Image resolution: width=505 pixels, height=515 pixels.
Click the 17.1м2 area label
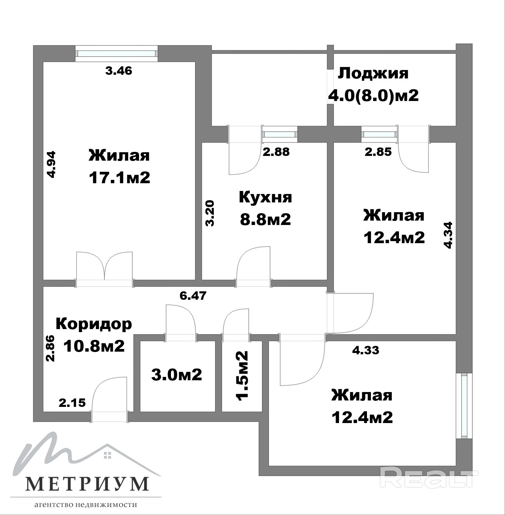tap(119, 178)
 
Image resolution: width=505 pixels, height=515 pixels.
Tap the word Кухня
tap(265, 197)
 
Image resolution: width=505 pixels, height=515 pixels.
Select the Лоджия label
tap(373, 74)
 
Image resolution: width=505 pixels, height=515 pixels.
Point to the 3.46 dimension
tap(119, 71)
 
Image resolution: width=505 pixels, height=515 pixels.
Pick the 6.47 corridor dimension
tap(193, 296)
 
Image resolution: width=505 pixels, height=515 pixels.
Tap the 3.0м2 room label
tap(177, 375)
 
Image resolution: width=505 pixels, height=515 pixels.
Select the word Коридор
tap(94, 324)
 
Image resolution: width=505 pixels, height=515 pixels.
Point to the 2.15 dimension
tap(72, 403)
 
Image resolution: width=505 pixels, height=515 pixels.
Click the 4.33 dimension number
tap(366, 350)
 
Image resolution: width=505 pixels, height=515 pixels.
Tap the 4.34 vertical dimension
tap(448, 235)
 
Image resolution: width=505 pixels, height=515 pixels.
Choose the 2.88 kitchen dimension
tap(276, 152)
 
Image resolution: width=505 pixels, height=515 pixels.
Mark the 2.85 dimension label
tap(378, 152)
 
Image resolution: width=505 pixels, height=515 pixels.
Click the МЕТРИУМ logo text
tap(87, 484)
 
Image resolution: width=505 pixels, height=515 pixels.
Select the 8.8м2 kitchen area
tap(265, 220)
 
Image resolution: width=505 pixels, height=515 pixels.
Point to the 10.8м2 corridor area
tap(94, 346)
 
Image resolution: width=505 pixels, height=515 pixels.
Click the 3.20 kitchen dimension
tap(210, 213)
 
